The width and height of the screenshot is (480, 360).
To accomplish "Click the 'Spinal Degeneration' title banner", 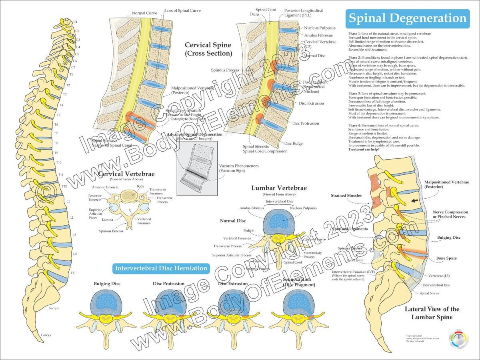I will [x=408, y=18].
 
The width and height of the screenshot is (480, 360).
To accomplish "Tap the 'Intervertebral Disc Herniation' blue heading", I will [x=161, y=268].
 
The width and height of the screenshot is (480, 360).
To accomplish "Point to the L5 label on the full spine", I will [x=73, y=273].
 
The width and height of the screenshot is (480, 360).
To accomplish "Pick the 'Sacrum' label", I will [x=54, y=308].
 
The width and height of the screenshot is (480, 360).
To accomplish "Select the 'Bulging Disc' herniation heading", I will [x=107, y=284].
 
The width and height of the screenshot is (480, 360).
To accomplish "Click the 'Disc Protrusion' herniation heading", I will [x=168, y=284].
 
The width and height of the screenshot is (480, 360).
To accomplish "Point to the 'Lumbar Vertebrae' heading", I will [x=279, y=188].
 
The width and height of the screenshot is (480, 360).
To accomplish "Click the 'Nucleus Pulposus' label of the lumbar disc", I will [x=303, y=208].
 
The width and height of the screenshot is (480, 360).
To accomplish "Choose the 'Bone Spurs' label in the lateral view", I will [x=446, y=258].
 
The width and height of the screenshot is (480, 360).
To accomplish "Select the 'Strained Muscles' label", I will [x=346, y=196].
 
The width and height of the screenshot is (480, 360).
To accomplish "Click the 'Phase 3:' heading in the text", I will [x=355, y=93].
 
